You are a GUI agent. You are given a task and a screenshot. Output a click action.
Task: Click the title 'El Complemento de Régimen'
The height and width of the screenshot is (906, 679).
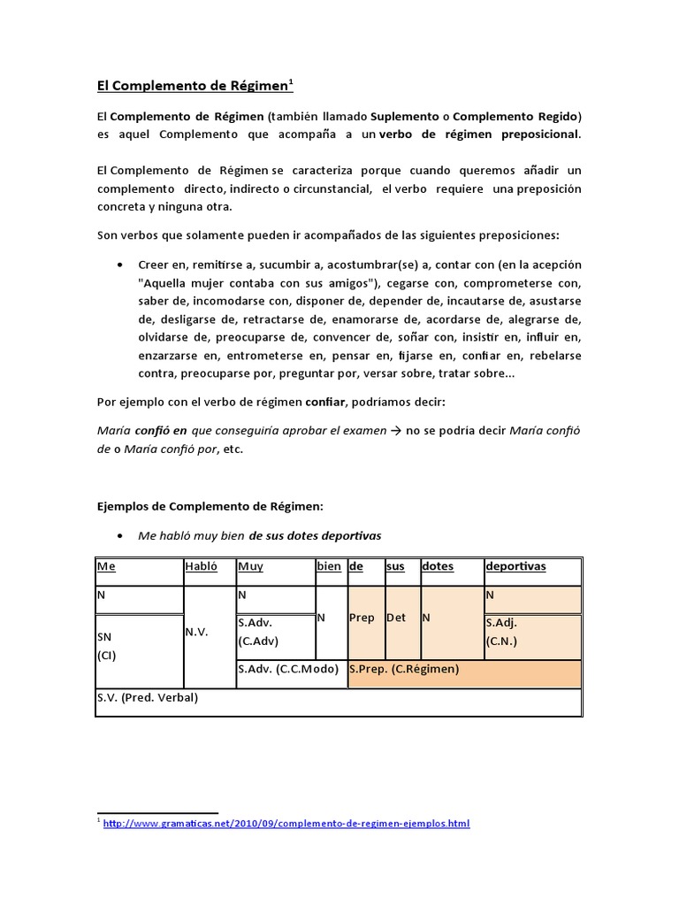(194, 86)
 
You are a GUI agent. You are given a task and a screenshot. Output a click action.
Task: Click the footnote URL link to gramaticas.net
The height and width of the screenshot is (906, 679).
(286, 824)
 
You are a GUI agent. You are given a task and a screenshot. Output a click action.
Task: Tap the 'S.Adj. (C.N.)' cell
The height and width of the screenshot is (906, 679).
(532, 633)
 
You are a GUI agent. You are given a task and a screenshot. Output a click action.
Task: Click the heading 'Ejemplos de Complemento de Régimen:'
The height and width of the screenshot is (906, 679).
(210, 506)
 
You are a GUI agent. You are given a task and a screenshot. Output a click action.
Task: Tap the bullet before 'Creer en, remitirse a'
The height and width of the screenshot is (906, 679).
(119, 265)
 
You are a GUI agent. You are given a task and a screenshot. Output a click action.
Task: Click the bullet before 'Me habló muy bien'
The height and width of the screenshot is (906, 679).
(119, 536)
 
